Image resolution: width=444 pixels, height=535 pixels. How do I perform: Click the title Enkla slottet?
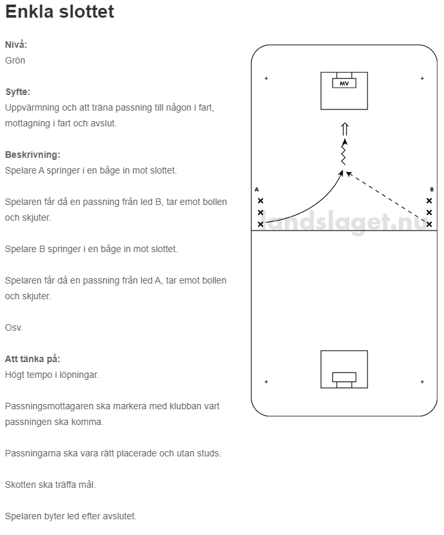pos(60,12)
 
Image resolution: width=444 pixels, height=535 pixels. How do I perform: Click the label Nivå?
pos(16,45)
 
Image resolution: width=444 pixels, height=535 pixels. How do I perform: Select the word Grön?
pos(15,60)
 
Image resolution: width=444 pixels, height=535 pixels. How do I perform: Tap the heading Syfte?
pos(18,92)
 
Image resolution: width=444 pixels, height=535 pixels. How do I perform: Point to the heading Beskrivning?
pos(32,155)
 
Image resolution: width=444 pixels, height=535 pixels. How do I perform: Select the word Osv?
pos(14,327)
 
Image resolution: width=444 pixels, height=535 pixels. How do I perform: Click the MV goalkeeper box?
pos(344,83)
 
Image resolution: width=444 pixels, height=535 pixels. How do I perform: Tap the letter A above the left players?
pos(257,189)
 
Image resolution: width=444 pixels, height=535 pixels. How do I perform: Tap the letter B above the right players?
pos(432,189)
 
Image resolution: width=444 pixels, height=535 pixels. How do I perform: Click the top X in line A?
pos(261,201)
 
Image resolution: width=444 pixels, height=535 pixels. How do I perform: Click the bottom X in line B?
pos(429,224)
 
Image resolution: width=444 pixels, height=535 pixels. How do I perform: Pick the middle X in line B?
pos(429,213)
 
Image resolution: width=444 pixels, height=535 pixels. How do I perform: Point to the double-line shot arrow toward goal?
pos(344,129)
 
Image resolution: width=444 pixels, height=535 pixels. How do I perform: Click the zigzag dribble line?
pos(343,154)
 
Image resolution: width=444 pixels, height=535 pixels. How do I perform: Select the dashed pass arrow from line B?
pos(386,197)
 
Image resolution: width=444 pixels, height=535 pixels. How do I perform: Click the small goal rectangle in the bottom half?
pos(344,377)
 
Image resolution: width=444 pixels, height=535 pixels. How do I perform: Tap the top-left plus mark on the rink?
pos(267,79)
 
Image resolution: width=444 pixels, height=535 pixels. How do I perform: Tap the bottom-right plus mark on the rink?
pos(422,382)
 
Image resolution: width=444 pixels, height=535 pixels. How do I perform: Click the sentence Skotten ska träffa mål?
pos(50,485)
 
